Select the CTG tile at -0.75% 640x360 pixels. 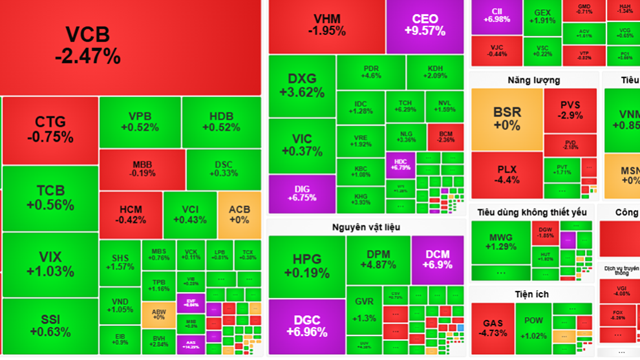coord(50,130)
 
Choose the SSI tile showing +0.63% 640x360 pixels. coord(50,324)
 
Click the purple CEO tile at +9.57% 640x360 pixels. coord(424,25)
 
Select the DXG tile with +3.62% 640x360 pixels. coord(301,85)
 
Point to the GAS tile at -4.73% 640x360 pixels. coord(494,330)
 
